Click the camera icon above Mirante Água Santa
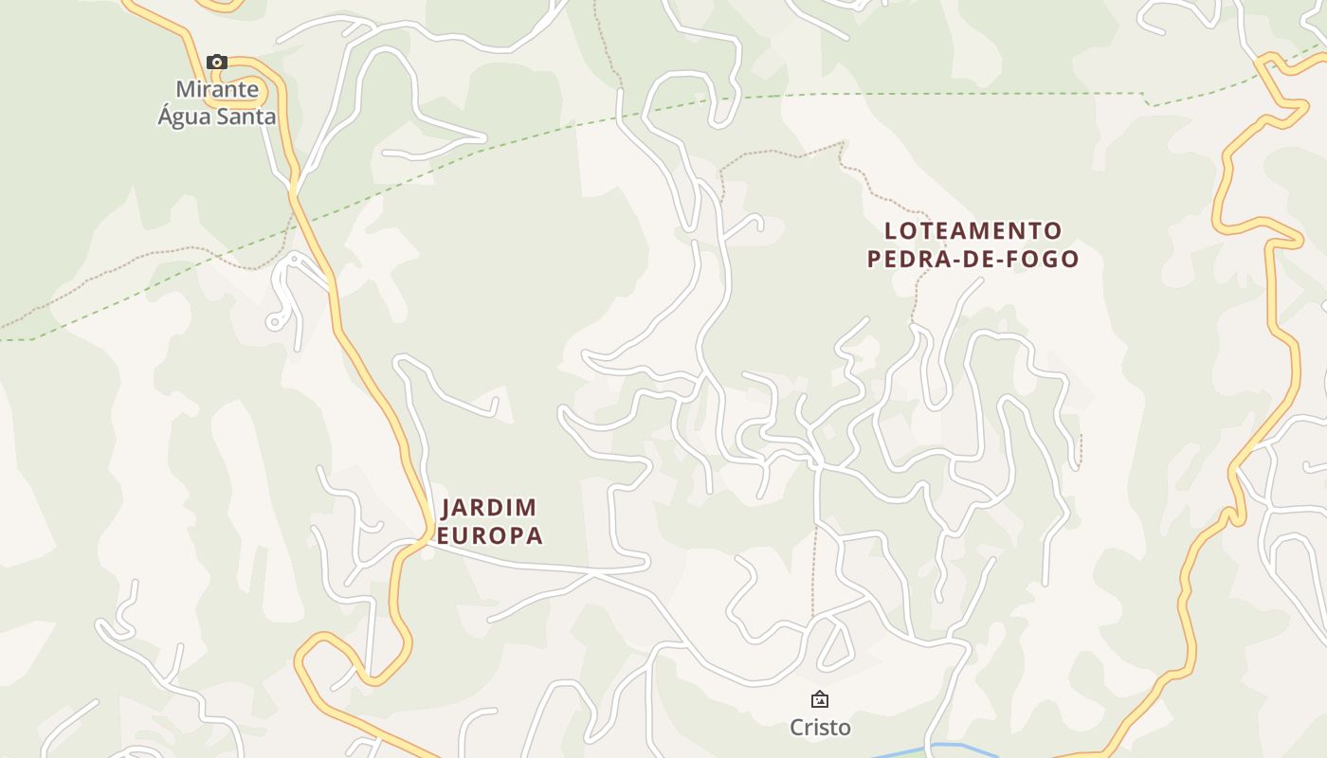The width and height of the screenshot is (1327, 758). click(217, 63)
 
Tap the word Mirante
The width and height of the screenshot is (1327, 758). click(217, 89)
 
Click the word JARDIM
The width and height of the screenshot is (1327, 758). click(489, 508)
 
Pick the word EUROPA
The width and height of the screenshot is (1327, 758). click(489, 535)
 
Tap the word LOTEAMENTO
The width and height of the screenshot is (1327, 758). click(973, 231)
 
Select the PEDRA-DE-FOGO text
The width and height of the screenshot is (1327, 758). click(973, 259)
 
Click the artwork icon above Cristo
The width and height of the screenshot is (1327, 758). click(820, 699)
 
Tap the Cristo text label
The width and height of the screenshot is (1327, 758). click(820, 728)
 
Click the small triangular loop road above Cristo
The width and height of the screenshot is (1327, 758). click(834, 644)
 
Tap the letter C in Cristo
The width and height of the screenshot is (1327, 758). click(797, 728)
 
